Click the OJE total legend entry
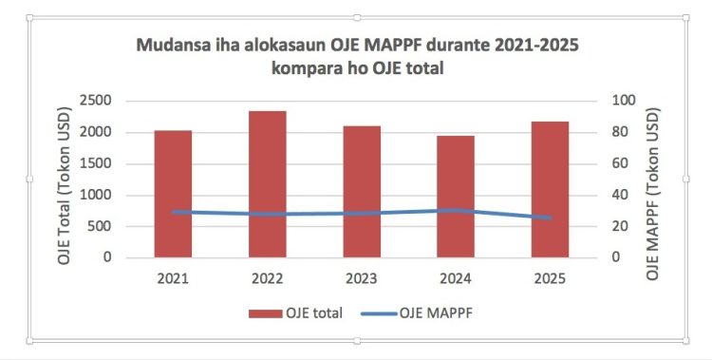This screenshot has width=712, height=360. click(295, 313)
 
